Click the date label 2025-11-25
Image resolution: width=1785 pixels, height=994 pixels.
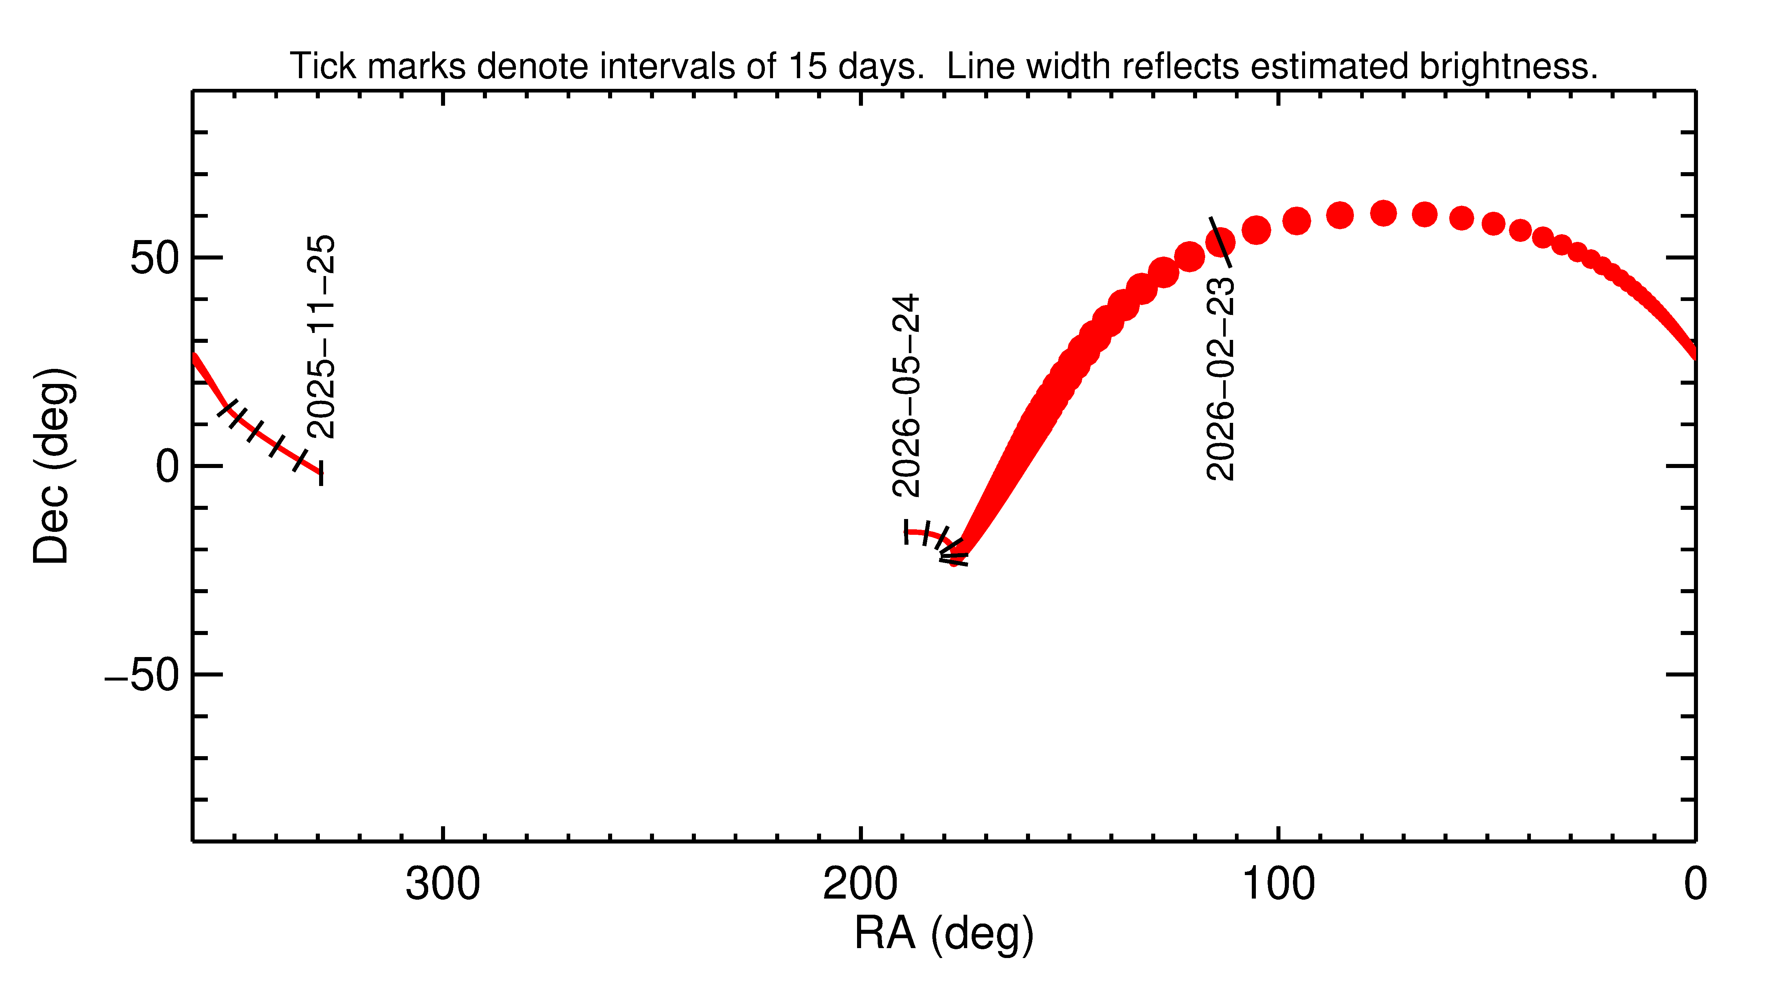point(321,337)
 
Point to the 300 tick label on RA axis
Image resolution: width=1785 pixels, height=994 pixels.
point(442,885)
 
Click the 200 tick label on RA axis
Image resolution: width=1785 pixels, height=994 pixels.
point(860,885)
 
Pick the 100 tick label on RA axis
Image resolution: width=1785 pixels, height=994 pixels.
point(1278,885)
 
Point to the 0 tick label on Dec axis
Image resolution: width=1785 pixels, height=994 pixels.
point(168,467)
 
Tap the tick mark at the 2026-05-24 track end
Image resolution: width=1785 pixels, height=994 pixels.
point(906,531)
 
